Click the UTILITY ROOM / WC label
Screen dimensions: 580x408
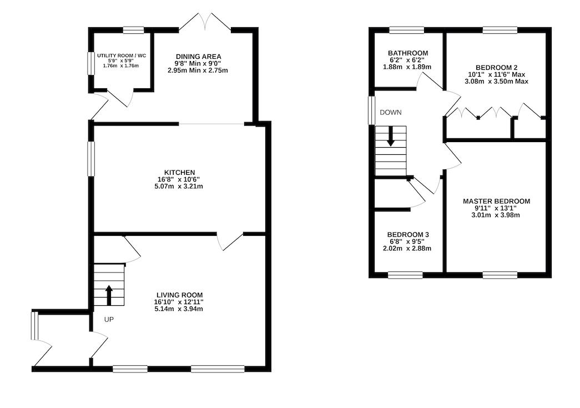tap(122, 56)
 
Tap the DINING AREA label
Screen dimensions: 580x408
tap(198, 57)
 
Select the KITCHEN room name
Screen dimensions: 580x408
tap(179, 173)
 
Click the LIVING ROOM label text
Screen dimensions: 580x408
tap(179, 295)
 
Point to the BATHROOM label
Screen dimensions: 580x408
tap(408, 53)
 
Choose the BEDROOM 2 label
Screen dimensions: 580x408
tap(496, 68)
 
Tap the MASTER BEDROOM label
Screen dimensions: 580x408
tap(496, 202)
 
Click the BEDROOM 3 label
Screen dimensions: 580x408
tap(408, 234)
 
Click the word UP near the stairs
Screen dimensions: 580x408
tap(109, 320)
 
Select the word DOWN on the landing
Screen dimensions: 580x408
tap(391, 113)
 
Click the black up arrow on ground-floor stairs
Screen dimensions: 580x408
tap(109, 295)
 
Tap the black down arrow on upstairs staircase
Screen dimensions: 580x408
tap(391, 136)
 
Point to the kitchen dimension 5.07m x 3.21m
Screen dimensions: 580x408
tap(179, 187)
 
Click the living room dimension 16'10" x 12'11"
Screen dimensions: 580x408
tap(179, 302)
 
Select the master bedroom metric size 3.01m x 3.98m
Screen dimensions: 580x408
tap(496, 215)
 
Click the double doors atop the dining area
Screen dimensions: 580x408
tap(205, 22)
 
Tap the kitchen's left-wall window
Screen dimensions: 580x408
tap(90, 159)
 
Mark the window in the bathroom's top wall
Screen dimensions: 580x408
tap(406, 30)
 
